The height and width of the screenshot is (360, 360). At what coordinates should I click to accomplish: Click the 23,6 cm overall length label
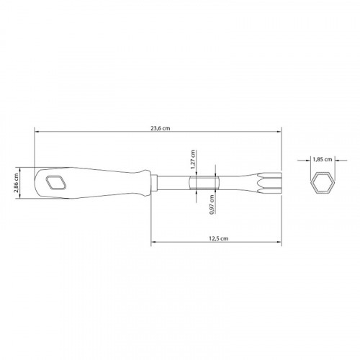(x=159, y=128)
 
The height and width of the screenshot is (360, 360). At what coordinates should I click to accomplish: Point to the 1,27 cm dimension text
(x=193, y=158)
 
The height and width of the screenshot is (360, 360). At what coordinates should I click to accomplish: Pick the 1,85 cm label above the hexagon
(x=322, y=159)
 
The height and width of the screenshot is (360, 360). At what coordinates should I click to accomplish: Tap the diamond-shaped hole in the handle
(x=54, y=183)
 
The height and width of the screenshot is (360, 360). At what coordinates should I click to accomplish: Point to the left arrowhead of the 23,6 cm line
(x=36, y=132)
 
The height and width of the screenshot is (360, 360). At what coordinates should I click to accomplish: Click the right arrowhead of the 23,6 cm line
(x=279, y=132)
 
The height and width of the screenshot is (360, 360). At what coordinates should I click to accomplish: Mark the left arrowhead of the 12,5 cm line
(x=153, y=242)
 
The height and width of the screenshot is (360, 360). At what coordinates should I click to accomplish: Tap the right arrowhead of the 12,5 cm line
(x=279, y=242)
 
